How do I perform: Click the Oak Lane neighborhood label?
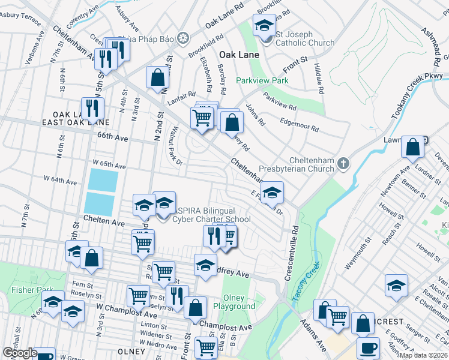coord(238,55)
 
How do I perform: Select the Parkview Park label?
coord(262,80)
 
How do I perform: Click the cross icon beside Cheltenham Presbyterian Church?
coord(343,163)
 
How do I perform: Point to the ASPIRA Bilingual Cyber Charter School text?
coord(211,214)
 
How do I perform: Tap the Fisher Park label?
coord(24,290)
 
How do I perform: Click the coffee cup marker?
coord(368,347)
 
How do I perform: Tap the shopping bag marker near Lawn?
coord(413,146)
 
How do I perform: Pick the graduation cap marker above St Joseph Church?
coord(264,26)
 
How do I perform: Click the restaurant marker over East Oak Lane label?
coord(92,108)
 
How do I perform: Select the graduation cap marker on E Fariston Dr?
coord(272,193)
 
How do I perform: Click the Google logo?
coord(20,353)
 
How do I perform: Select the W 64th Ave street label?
coord(61,181)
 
